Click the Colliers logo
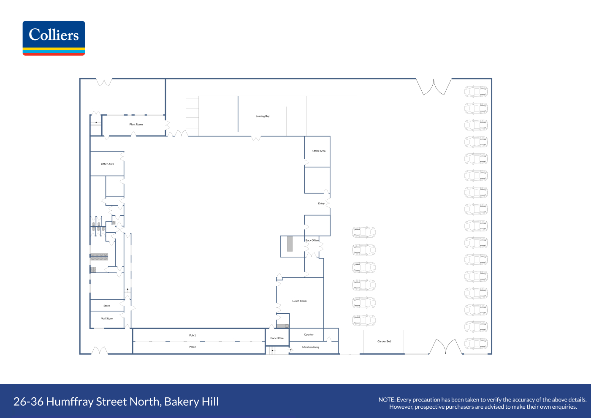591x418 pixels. click(54, 38)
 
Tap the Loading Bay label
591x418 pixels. click(263, 116)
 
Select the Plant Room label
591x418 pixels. click(136, 124)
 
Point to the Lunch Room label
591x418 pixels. click(299, 301)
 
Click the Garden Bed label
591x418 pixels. click(384, 341)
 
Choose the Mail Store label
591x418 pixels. click(106, 318)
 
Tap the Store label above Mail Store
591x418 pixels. click(106, 306)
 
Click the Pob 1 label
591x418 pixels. click(192, 335)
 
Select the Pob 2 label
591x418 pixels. click(192, 347)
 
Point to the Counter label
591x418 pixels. click(309, 334)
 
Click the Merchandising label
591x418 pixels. click(311, 347)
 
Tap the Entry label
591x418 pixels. click(321, 204)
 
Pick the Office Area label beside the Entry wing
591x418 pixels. click(319, 151)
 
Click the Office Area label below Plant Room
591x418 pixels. click(107, 164)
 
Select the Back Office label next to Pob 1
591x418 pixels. click(277, 338)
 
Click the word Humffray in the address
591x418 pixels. click(70, 402)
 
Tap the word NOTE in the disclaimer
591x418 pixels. click(386, 400)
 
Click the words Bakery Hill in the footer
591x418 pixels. click(191, 402)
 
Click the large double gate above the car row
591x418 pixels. click(434, 87)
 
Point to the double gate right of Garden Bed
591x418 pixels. click(446, 347)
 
